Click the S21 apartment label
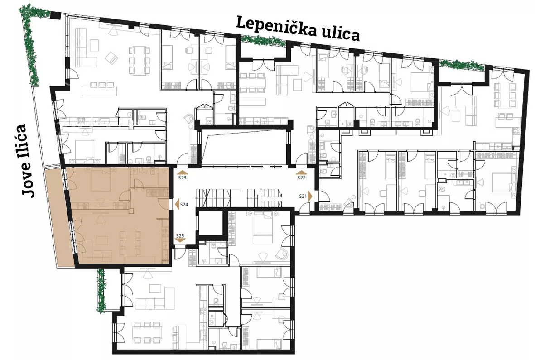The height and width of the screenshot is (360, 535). pos(304,196)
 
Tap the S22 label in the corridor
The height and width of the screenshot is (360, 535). pos(302,178)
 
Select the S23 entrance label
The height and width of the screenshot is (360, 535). pos(182,178)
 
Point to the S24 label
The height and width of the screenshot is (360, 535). pos(184,205)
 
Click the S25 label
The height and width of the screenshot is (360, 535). pos(180,235)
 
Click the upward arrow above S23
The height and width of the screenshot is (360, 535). pos(182,172)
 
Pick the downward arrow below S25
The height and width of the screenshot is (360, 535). pos(180,241)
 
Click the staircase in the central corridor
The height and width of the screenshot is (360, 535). pos(240,197)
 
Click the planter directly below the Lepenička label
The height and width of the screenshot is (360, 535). pos(263,41)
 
